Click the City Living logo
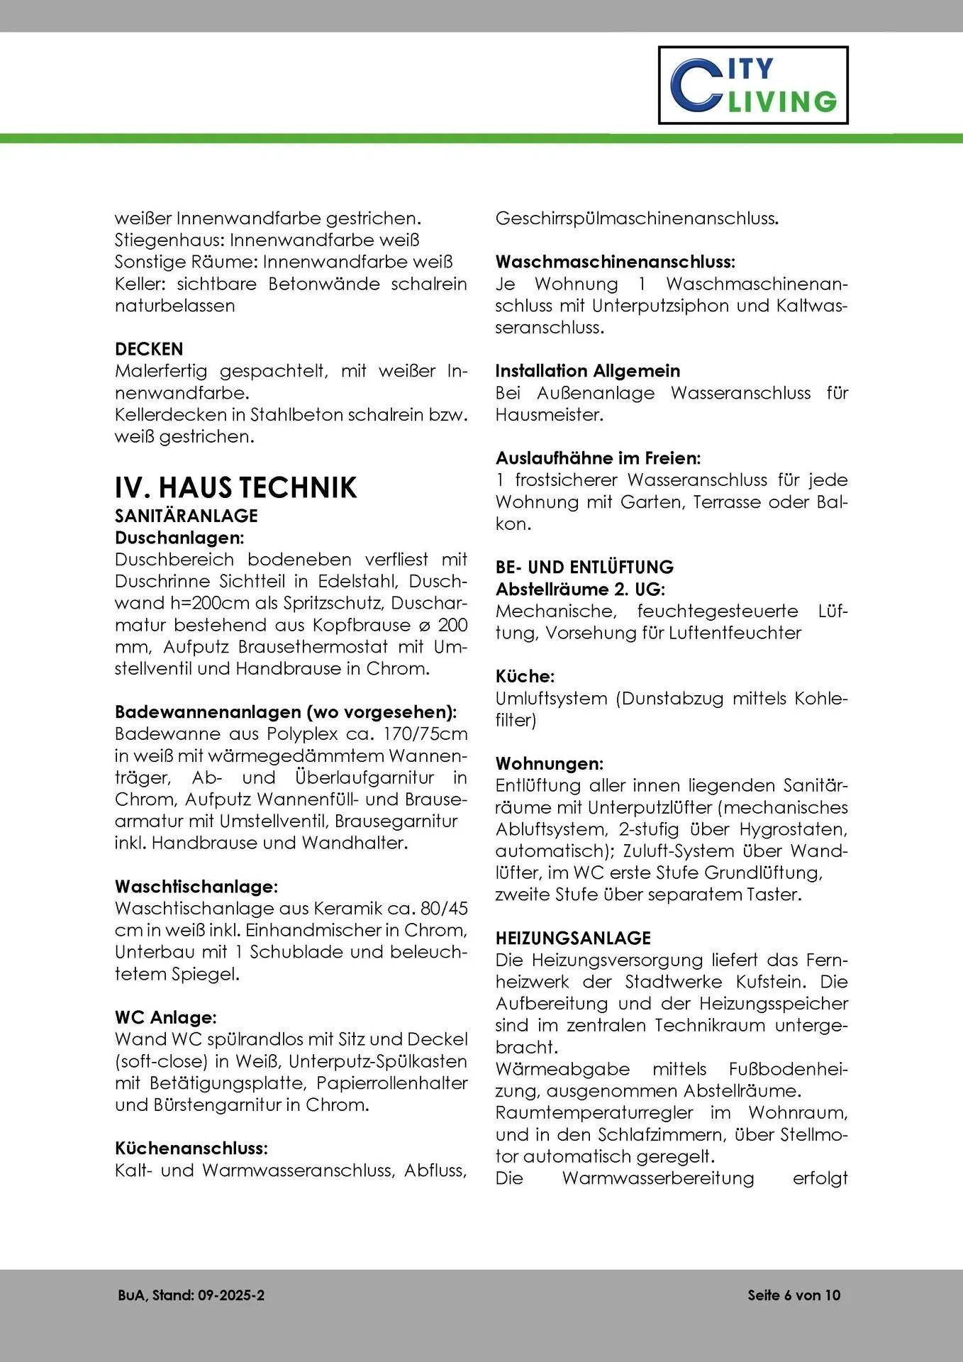coord(753,85)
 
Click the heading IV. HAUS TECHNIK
coord(235,488)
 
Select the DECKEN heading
coord(149,349)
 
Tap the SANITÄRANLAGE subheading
coord(187,516)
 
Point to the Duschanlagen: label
coord(179,538)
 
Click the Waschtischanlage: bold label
coord(196,887)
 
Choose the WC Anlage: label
coord(165,1017)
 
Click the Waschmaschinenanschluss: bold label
coord(615,262)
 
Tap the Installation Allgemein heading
coord(587,371)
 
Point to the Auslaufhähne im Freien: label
coord(598,458)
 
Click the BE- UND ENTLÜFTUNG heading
coord(584,567)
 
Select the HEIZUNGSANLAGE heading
coord(573,938)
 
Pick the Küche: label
coord(525,676)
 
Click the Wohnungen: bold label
coord(550,764)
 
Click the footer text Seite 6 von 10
coord(794,1295)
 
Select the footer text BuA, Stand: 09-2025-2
coord(191,1295)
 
